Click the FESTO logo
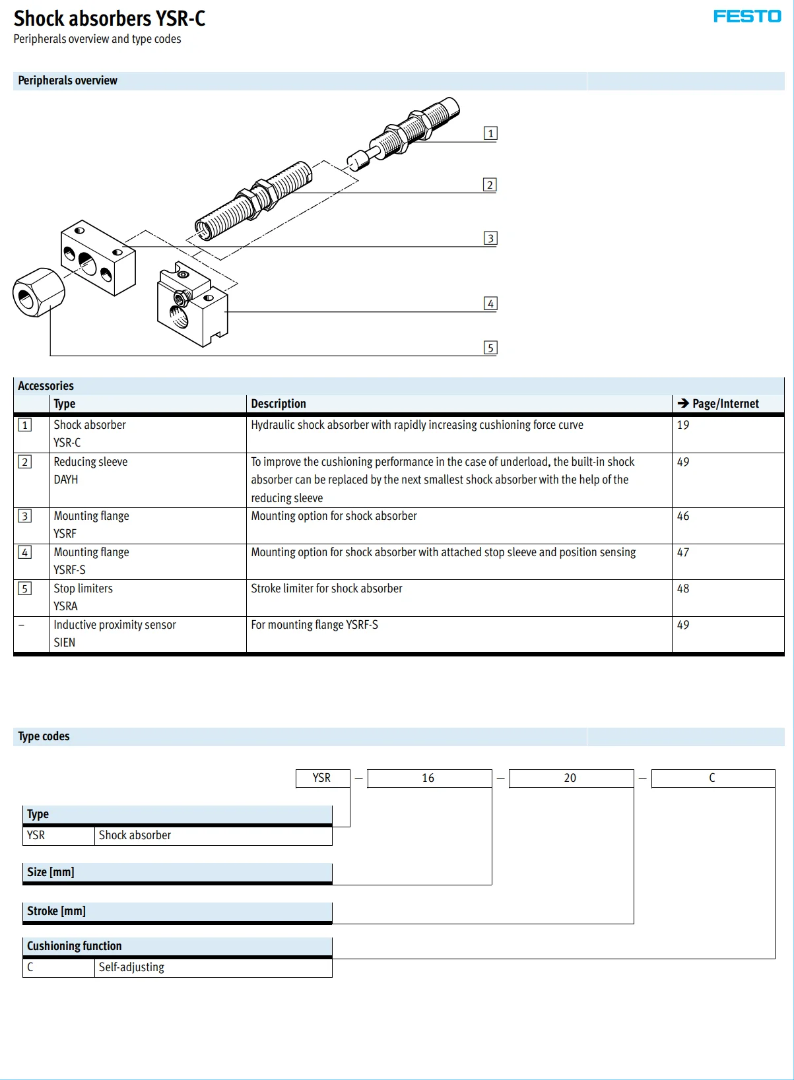[746, 16]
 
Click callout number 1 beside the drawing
[490, 133]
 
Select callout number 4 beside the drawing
[490, 303]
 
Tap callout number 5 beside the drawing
[490, 348]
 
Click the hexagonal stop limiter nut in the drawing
[38, 292]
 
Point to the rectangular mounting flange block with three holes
[98, 258]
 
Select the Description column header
[279, 404]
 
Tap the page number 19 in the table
[682, 425]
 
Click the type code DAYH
[66, 480]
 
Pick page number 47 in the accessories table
[682, 552]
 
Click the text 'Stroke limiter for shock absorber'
[326, 588]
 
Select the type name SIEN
[65, 643]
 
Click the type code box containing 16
[429, 778]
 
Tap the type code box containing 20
[571, 778]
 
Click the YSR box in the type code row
[322, 778]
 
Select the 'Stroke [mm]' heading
[57, 911]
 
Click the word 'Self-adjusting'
[131, 967]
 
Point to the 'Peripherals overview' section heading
[68, 80]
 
